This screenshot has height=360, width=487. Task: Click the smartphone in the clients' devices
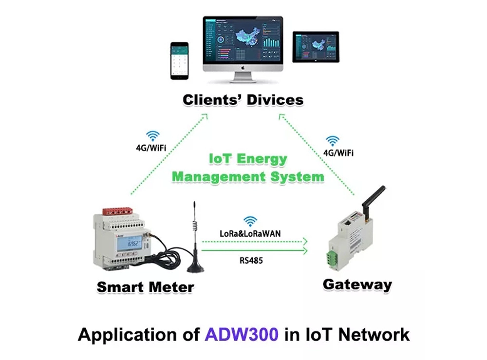coord(179,60)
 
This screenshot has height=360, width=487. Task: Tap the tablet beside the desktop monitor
coord(315,47)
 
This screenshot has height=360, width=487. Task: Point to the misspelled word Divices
coord(275,100)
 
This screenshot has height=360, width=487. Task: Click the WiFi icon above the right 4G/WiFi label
coord(333,141)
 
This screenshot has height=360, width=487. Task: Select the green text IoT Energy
coord(248,159)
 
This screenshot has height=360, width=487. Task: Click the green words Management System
coord(248,176)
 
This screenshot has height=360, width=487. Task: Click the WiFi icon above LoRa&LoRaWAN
coord(250,221)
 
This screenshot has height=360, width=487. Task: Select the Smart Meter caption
coord(145,287)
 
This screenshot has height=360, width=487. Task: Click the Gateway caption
coord(357,284)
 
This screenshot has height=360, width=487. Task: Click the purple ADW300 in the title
coord(242,335)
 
